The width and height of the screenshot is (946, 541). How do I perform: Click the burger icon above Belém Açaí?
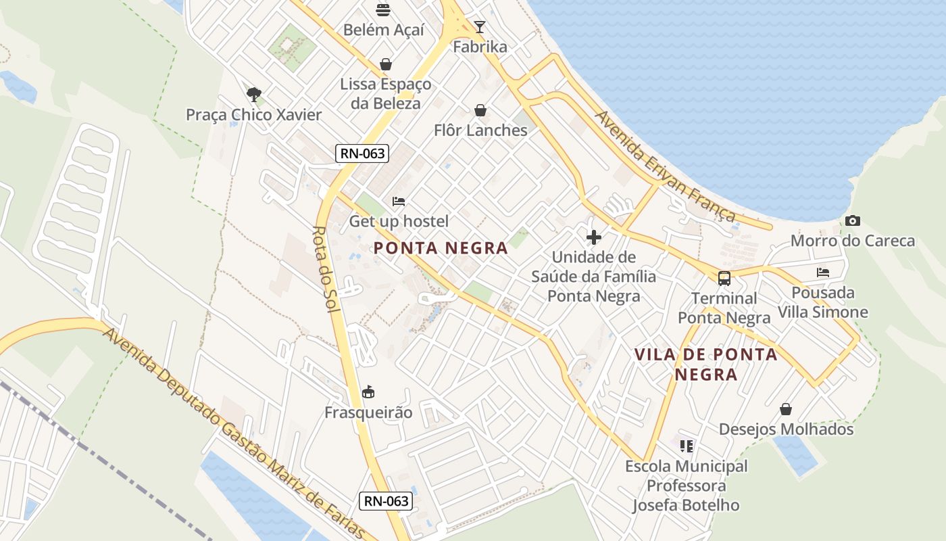point(383,10)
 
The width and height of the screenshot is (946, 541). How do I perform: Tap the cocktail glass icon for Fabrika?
point(480,27)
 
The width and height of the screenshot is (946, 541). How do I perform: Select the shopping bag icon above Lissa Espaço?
point(385,64)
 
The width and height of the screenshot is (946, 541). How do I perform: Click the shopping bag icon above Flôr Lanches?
point(480,110)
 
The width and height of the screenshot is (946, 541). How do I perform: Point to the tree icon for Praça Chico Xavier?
point(254,94)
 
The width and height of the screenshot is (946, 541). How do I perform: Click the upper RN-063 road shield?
point(363,154)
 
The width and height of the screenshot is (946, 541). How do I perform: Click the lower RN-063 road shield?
point(385,501)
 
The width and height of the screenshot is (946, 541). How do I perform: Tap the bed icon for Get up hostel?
point(399,202)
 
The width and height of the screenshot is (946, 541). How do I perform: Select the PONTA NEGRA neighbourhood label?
point(441,248)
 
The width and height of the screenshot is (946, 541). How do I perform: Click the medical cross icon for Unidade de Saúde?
point(594,237)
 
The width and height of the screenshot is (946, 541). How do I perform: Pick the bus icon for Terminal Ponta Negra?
point(724,278)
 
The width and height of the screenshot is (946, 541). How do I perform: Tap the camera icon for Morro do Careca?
point(853,221)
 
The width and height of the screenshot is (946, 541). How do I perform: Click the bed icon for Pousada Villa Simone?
point(823,273)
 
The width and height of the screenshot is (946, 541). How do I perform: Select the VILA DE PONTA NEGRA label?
point(706,364)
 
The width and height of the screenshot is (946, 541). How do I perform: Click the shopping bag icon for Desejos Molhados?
point(786,409)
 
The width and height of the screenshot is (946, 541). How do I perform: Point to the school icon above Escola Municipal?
point(687,446)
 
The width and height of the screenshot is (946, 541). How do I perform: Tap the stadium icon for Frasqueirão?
point(368,392)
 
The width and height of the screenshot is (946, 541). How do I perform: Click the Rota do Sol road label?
point(330,271)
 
